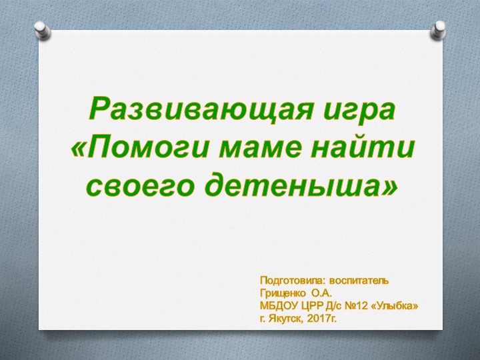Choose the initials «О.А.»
pos(321,293)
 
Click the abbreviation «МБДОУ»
pos(277,306)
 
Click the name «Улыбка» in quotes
pos(397,306)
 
